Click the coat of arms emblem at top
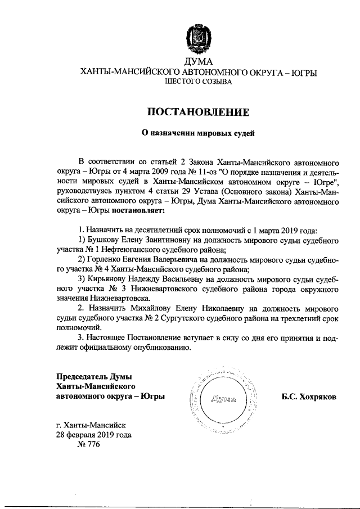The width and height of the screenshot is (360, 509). coord(198,38)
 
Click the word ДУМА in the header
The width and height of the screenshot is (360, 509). coord(198,61)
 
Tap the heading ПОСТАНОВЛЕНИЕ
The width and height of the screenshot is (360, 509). coord(198,111)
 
